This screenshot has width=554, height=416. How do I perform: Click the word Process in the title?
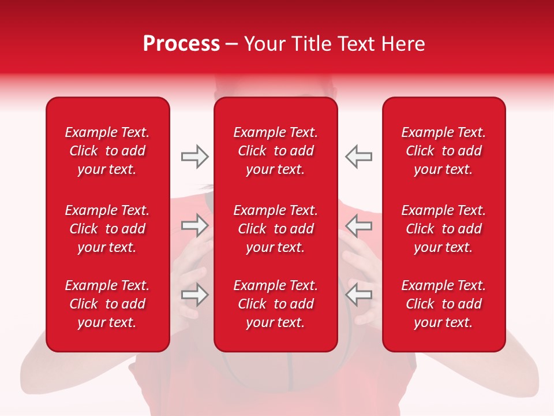pyautogui.click(x=181, y=44)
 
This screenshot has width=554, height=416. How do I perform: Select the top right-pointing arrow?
pyautogui.click(x=195, y=157)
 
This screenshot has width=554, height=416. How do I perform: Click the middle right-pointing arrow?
pyautogui.click(x=195, y=225)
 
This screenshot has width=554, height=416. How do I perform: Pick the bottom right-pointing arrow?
pyautogui.click(x=195, y=295)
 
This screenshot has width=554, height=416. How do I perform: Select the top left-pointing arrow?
pyautogui.click(x=358, y=157)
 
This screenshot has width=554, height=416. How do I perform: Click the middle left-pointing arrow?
pyautogui.click(x=358, y=225)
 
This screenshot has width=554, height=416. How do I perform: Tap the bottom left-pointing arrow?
pyautogui.click(x=358, y=295)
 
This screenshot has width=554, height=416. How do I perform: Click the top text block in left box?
pyautogui.click(x=107, y=151)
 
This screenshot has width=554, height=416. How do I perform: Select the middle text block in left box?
pyautogui.click(x=107, y=229)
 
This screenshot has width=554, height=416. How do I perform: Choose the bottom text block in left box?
pyautogui.click(x=107, y=304)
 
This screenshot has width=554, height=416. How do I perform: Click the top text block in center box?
pyautogui.click(x=276, y=151)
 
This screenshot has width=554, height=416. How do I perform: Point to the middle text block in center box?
pyautogui.click(x=276, y=229)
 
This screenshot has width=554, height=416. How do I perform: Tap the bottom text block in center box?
pyautogui.click(x=276, y=304)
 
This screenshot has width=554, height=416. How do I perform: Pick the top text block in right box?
pyautogui.click(x=444, y=151)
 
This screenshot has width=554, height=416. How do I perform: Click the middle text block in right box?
pyautogui.click(x=444, y=229)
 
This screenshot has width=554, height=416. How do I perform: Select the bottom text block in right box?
pyautogui.click(x=444, y=304)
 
